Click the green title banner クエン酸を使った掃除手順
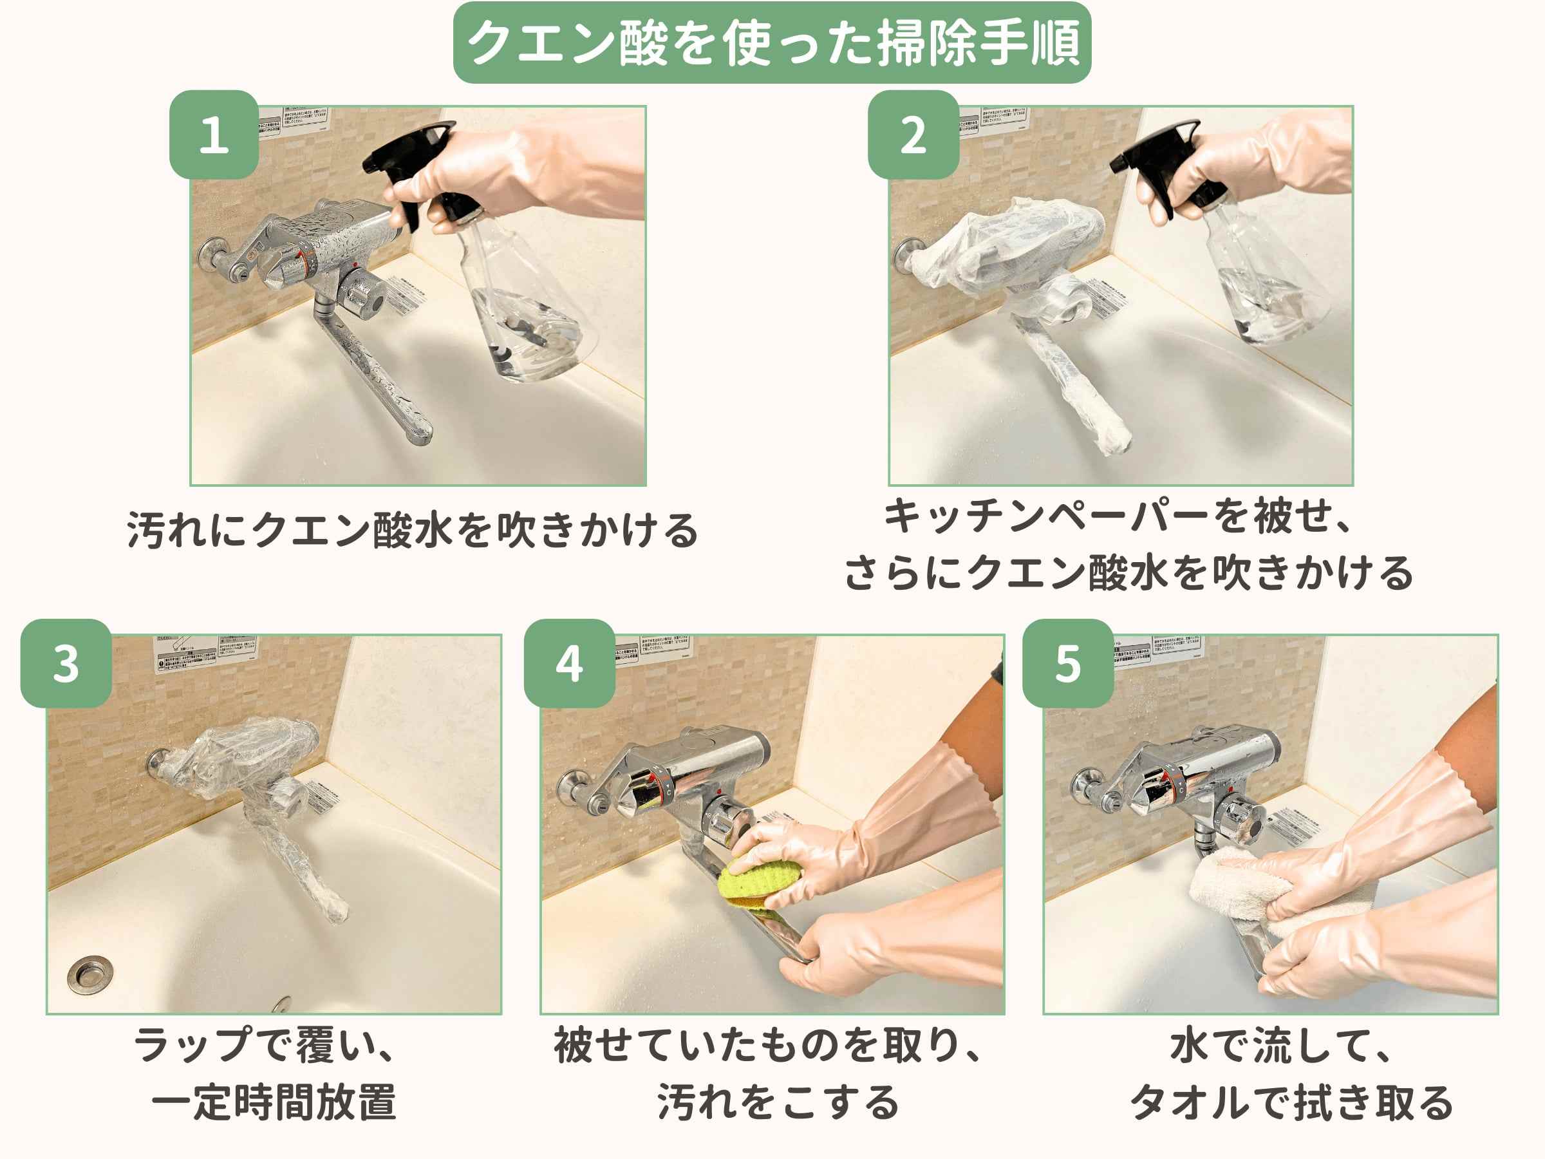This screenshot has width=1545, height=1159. coord(771,43)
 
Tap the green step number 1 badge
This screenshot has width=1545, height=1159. coord(214,135)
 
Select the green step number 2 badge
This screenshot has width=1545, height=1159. coord(912,135)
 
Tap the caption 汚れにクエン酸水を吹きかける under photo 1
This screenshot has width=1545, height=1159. coord(412,529)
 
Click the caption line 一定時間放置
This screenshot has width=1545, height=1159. coord(274,1102)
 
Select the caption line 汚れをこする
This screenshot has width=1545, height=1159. coord(778,1102)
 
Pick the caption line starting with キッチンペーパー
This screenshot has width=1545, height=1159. coord(1118,517)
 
